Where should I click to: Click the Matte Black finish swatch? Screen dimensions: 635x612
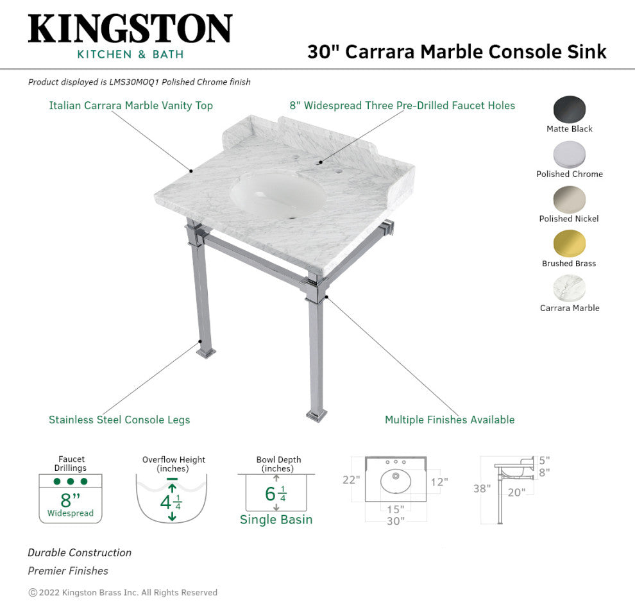point(570,109)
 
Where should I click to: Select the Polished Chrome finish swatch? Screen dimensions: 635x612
point(570,155)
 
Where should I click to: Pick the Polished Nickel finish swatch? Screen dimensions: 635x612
point(570,200)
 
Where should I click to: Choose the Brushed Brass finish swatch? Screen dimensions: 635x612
point(570,244)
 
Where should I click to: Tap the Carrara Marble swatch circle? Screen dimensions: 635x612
point(570,289)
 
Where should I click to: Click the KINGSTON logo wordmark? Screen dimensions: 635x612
point(130,28)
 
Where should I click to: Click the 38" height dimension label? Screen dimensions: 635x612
point(482,488)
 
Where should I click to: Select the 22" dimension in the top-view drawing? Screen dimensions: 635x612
point(351,480)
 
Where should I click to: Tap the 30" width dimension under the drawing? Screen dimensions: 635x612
point(395,521)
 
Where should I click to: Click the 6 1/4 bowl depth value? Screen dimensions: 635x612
point(276,494)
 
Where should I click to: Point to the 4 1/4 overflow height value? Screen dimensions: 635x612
point(171,503)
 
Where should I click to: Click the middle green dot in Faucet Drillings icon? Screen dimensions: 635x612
point(71,481)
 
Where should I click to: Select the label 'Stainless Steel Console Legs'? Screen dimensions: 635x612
point(119,420)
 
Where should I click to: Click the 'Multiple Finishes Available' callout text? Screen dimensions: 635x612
point(450,420)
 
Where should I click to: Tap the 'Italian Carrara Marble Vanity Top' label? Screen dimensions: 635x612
point(131,106)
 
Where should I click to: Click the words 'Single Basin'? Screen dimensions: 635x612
point(276,520)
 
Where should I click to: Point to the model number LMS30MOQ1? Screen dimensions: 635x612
point(134,82)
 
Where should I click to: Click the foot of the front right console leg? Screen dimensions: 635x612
point(316,415)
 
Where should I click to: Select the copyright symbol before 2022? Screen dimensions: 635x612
point(33,593)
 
